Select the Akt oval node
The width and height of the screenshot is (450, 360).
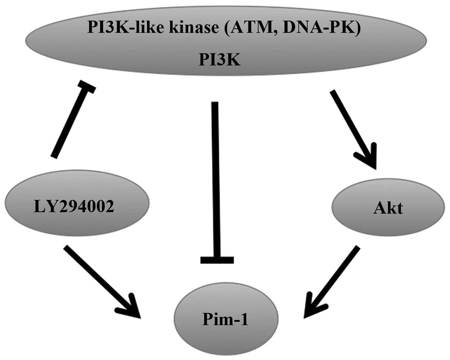(388, 207)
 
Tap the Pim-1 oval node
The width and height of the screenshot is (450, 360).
(226, 319)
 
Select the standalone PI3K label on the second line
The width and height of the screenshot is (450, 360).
(219, 60)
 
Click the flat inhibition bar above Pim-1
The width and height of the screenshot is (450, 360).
(217, 260)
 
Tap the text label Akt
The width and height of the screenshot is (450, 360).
(388, 208)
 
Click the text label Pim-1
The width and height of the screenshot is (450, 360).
(227, 320)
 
